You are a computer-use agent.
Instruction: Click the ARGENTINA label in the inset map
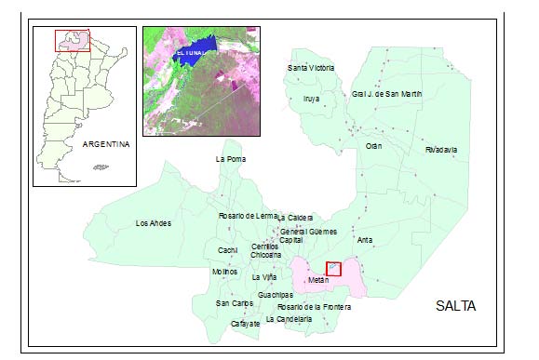pyautogui.click(x=104, y=144)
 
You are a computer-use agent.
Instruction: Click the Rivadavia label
pyautogui.click(x=440, y=149)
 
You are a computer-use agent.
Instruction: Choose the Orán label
pyautogui.click(x=374, y=146)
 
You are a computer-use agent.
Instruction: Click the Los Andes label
pyautogui.click(x=154, y=223)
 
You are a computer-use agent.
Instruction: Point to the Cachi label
pyautogui.click(x=228, y=250)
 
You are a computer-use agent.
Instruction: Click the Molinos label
pyautogui.click(x=225, y=271)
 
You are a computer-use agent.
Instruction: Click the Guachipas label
pyautogui.click(x=276, y=295)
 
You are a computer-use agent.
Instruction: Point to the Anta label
pyautogui.click(x=365, y=239)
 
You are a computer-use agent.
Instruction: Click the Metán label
pyautogui.click(x=318, y=279)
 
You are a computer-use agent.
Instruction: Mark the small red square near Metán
pyautogui.click(x=333, y=269)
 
